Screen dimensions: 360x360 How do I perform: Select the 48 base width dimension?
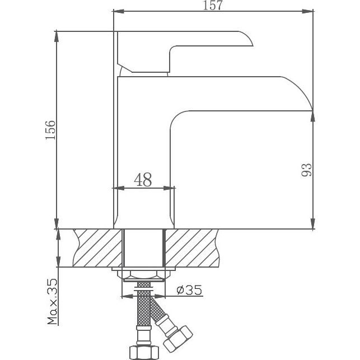(x=143, y=180)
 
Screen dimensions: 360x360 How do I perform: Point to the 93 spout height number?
(x=306, y=171)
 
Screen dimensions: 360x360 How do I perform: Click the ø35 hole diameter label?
(x=189, y=290)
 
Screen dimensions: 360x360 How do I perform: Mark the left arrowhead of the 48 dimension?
(x=118, y=188)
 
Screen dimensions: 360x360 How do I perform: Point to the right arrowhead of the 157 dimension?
(x=308, y=11)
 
